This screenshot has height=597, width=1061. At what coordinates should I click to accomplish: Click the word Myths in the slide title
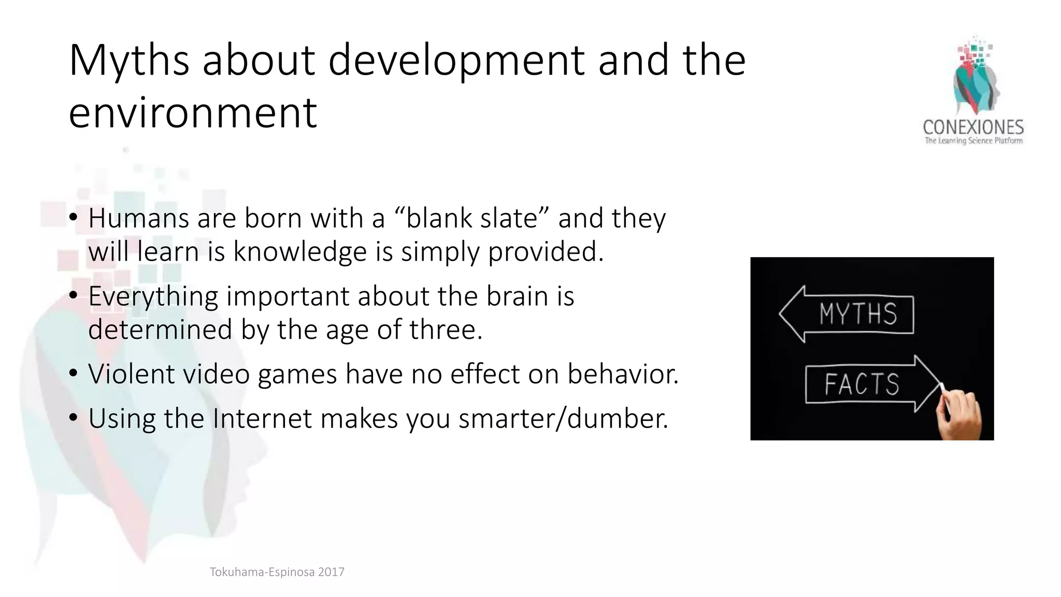129,61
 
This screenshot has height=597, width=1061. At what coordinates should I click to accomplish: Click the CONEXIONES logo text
973,127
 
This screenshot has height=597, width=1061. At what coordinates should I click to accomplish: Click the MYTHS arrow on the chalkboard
847,314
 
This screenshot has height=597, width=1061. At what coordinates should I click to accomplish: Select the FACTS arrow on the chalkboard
872,384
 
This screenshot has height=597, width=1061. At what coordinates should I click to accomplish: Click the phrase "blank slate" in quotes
471,218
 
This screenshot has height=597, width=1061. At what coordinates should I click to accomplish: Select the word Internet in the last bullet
262,418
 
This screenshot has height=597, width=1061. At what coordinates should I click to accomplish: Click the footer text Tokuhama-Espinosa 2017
277,572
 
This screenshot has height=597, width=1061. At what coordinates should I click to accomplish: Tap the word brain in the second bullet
517,296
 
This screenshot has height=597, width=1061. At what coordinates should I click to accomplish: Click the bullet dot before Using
73,417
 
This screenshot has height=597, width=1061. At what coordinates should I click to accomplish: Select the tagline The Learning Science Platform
973,141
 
